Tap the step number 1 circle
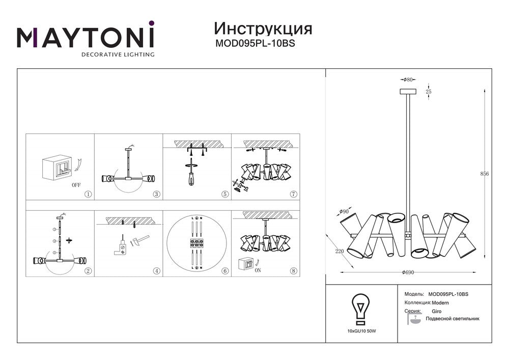[88, 195]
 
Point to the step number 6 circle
[225, 271]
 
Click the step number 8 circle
[293, 271]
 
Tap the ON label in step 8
[258, 270]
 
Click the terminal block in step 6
[196, 243]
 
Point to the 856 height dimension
[485, 174]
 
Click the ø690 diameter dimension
[408, 272]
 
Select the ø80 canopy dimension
[408, 80]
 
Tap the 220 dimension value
[340, 252]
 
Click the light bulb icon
[360, 309]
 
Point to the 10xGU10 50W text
[361, 331]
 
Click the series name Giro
[437, 311]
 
